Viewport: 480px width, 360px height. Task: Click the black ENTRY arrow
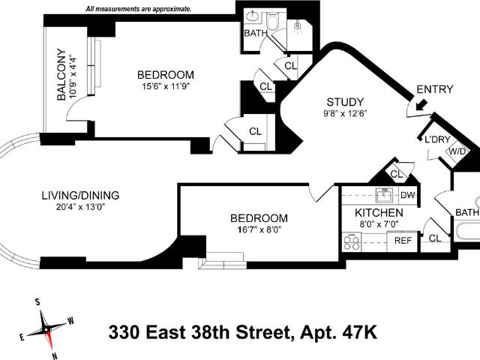tap(421, 104)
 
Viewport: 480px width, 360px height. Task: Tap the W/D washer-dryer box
tap(457, 151)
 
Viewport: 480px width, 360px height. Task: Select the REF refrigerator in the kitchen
tap(403, 241)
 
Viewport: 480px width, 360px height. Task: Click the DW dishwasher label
tap(408, 195)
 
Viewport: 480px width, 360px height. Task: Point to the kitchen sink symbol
tap(385, 195)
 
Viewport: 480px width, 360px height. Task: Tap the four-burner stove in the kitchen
tap(352, 241)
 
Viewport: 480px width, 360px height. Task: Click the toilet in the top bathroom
tap(271, 20)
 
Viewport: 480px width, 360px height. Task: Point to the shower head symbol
tap(297, 27)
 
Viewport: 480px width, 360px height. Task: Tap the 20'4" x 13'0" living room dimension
tap(80, 207)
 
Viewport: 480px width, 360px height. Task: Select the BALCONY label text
tap(61, 74)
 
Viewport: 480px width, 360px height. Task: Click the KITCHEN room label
tap(379, 212)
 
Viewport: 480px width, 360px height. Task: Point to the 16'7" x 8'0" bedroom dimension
tap(259, 229)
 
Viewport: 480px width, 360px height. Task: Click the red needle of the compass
tap(49, 339)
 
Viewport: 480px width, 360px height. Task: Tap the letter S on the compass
tap(37, 302)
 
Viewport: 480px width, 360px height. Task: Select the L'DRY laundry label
tap(437, 139)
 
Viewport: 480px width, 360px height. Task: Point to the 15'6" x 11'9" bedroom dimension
tap(166, 86)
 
